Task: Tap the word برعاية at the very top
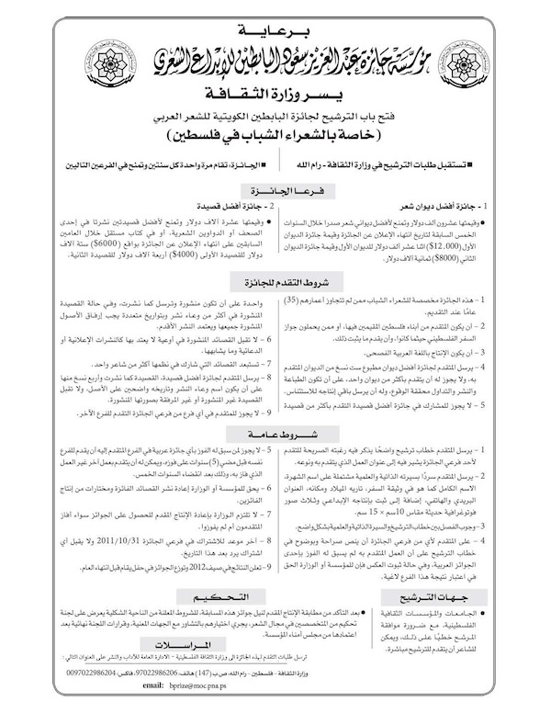coord(275,17)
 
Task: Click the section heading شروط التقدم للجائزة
coord(275,284)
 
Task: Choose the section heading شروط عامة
coord(275,439)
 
